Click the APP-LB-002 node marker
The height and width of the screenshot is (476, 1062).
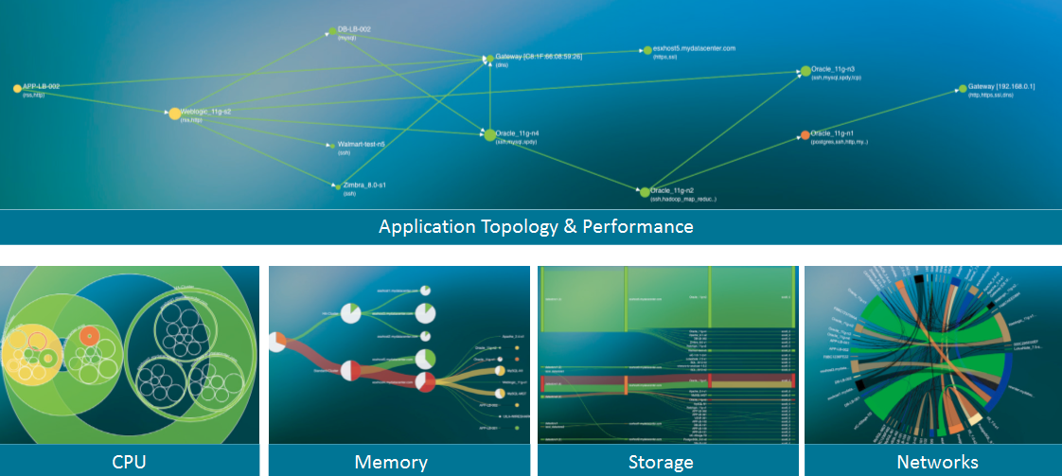click(x=17, y=88)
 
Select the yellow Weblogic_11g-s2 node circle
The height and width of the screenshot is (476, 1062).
click(x=174, y=114)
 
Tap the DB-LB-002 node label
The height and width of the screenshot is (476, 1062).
click(x=354, y=29)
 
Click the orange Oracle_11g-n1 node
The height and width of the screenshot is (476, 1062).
click(x=805, y=135)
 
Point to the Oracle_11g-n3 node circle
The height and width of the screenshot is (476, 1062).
click(x=805, y=71)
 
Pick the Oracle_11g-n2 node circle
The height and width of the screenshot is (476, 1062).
click(x=645, y=192)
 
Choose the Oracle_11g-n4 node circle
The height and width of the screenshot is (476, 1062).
click(x=489, y=134)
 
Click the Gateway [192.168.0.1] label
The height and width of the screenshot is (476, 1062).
click(x=1001, y=86)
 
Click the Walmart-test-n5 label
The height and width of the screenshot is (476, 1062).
click(x=361, y=144)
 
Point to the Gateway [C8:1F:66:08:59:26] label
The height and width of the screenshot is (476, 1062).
click(x=538, y=57)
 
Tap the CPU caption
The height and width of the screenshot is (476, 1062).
click(x=129, y=463)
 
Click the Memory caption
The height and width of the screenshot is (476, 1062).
click(x=390, y=463)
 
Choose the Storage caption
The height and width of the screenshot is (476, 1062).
click(x=661, y=463)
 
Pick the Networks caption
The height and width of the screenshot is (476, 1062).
click(x=937, y=463)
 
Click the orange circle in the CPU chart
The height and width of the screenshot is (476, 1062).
click(x=88, y=335)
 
